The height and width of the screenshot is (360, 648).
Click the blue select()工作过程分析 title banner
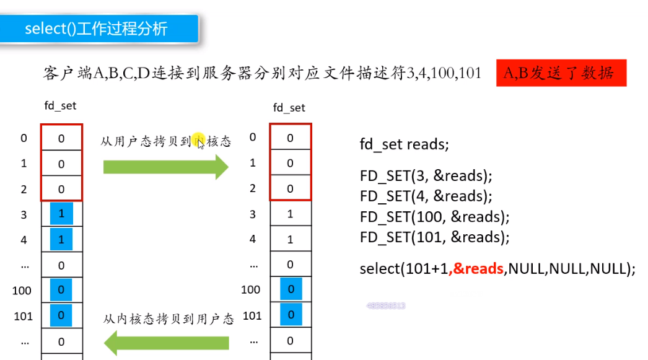tap(99, 29)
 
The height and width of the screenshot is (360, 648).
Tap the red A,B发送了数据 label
tap(561, 73)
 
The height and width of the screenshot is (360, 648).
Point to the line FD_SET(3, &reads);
tap(426, 175)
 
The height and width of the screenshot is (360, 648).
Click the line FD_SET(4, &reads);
tap(426, 196)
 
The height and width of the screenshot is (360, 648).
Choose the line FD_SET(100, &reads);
tap(434, 217)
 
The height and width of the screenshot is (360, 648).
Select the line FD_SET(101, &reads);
tap(434, 237)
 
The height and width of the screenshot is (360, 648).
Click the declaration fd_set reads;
tap(404, 144)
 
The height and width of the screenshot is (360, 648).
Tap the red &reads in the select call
tap(476, 268)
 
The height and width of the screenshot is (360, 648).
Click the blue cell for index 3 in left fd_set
tap(61, 214)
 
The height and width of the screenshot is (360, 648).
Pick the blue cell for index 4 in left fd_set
tap(61, 239)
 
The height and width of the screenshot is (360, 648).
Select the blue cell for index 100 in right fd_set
tap(291, 289)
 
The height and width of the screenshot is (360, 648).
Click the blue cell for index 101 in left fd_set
tap(61, 315)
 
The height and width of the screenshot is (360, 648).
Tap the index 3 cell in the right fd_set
tap(291, 214)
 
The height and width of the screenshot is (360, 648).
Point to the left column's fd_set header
tap(60, 106)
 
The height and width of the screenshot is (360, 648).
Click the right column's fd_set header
tap(289, 108)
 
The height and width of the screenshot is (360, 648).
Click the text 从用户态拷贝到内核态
tap(165, 141)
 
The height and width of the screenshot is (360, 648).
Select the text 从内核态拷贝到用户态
tap(169, 319)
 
